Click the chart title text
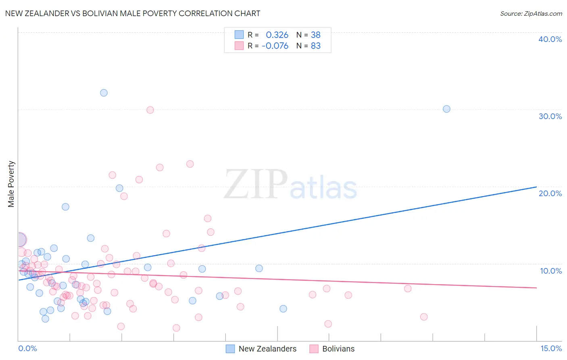[133, 13]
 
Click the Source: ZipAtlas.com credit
[531, 13]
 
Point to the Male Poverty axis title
[11, 184]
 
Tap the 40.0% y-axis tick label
[550, 39]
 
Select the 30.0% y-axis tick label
[550, 116]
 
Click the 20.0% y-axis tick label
[550, 193]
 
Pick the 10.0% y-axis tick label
[551, 271]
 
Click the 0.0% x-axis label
[27, 348]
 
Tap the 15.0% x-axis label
[551, 348]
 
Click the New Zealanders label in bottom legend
[267, 349]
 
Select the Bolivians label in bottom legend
[338, 349]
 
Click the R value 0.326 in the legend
[277, 35]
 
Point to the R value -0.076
[275, 46]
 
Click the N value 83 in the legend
[316, 46]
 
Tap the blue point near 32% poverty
[104, 93]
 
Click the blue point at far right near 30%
[446, 109]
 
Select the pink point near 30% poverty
[150, 110]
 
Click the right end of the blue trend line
[536, 187]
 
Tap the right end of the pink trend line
[536, 288]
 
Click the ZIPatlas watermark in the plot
[290, 185]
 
